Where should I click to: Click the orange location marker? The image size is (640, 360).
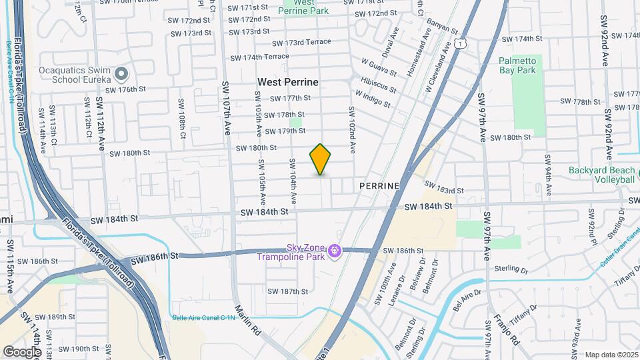coord(321,159)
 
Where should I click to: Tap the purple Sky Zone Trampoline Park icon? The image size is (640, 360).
coord(335,251)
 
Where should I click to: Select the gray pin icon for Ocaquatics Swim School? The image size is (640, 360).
coord(121,73)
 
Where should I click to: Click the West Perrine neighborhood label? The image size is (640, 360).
coord(288,82)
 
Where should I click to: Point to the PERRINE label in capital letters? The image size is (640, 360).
coord(379,185)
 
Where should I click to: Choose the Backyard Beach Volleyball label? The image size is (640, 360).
coord(601,175)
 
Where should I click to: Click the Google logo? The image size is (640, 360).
coord(22,351)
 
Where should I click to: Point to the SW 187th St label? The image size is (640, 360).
coord(287,291)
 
